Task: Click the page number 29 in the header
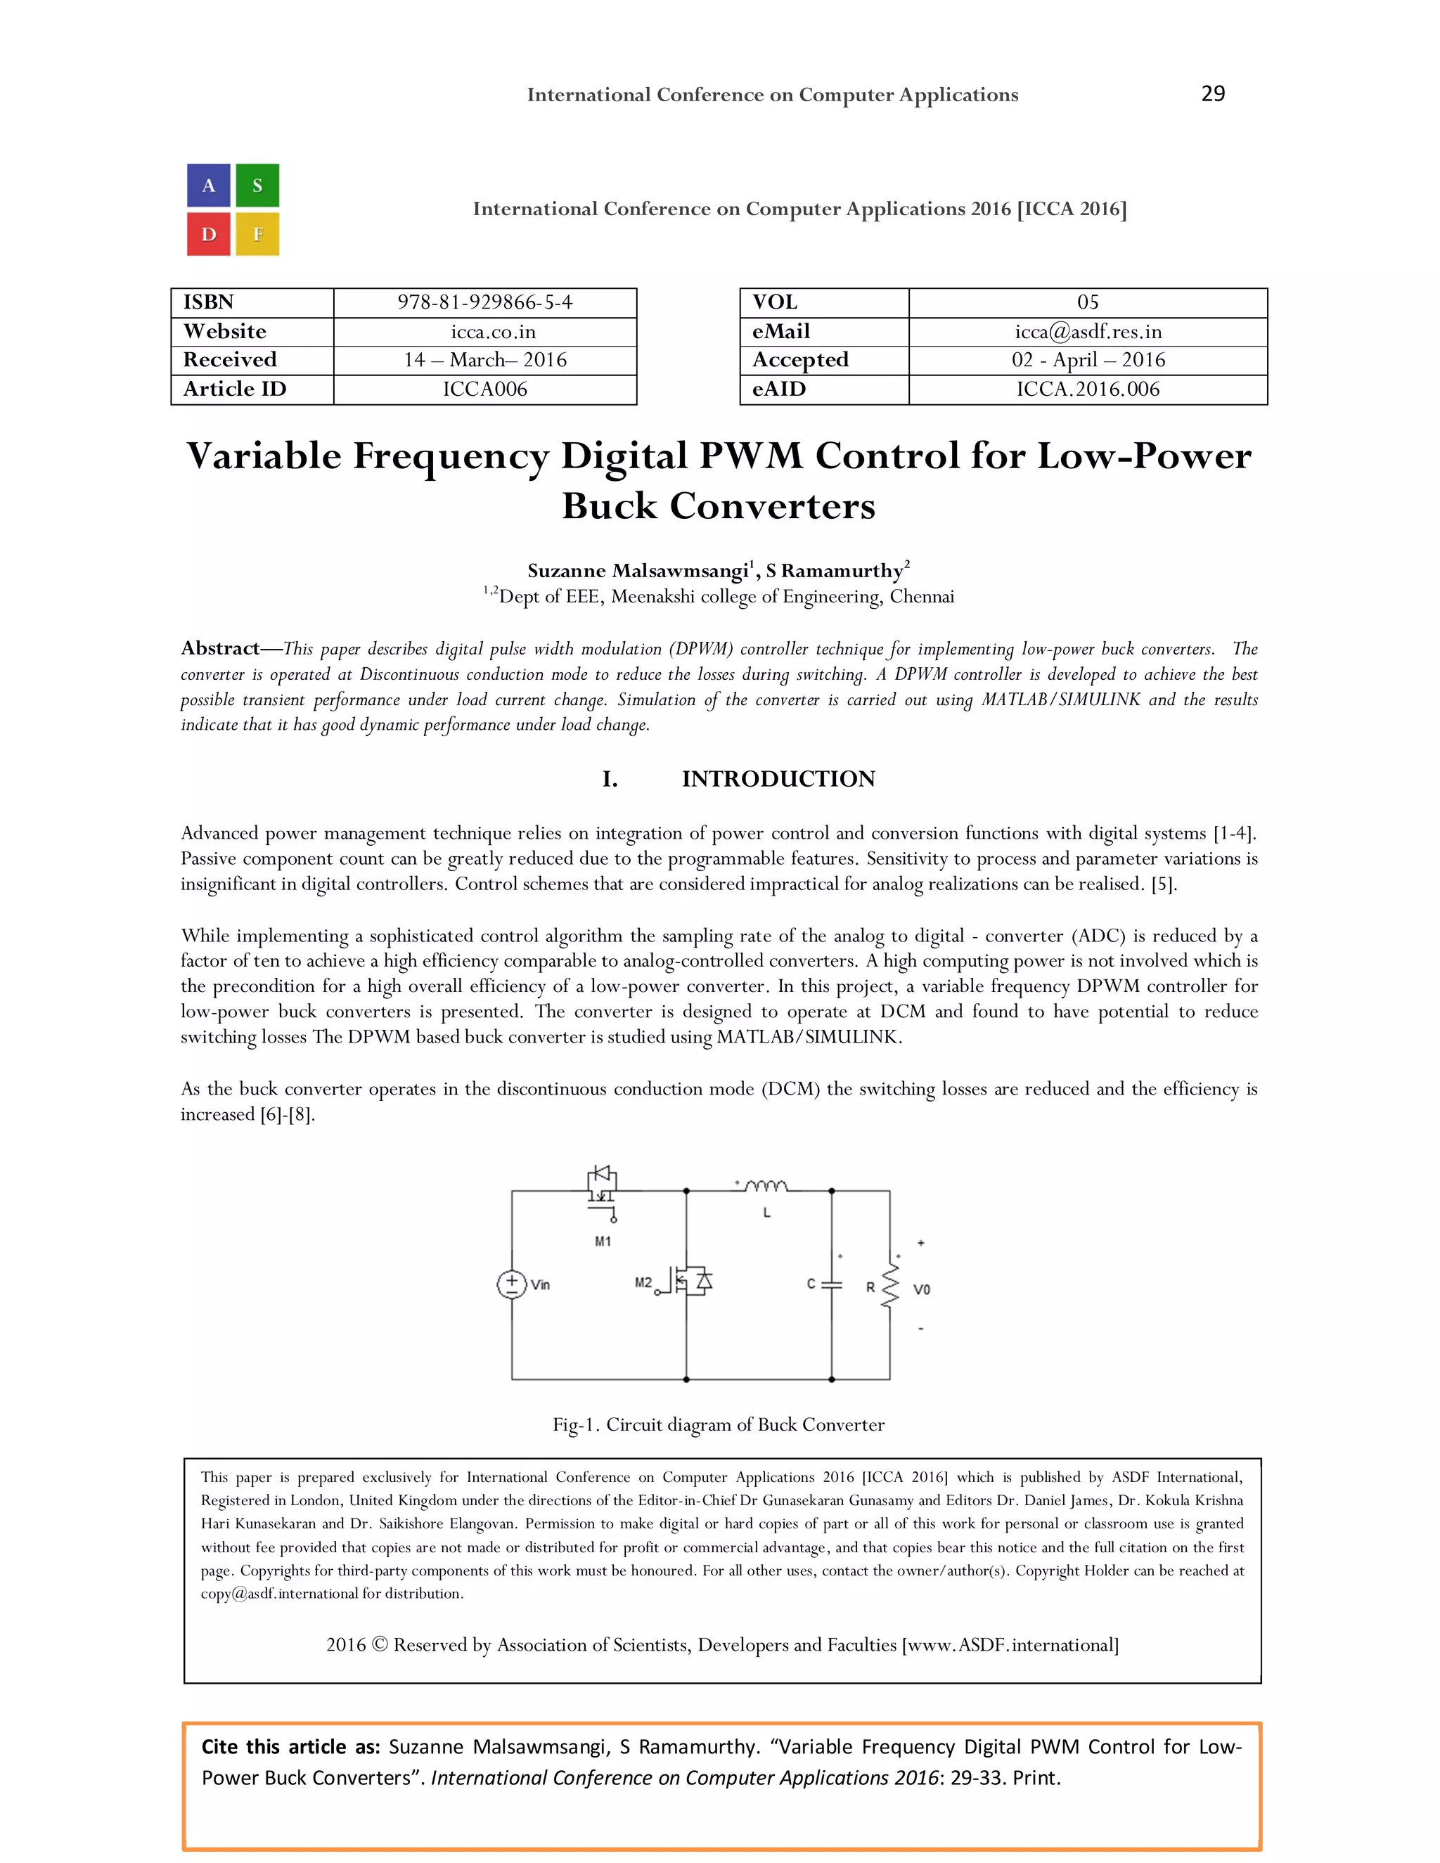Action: [x=1212, y=94]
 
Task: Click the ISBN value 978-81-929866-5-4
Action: [x=484, y=303]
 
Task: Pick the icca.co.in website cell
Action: [x=484, y=332]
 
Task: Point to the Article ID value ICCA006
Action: [x=484, y=389]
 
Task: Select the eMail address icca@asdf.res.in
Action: [x=1088, y=332]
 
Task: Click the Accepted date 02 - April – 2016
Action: [x=1088, y=360]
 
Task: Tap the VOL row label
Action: [x=775, y=303]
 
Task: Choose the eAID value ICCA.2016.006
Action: [x=1088, y=389]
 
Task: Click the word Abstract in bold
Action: [x=220, y=648]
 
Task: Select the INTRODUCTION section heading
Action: [x=778, y=779]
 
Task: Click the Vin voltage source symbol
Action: [x=512, y=1284]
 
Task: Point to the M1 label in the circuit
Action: [x=603, y=1241]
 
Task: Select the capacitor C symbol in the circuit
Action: [x=832, y=1284]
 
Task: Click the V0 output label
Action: [x=921, y=1289]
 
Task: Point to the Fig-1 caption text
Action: [x=719, y=1424]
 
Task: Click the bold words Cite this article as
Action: [x=290, y=1747]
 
